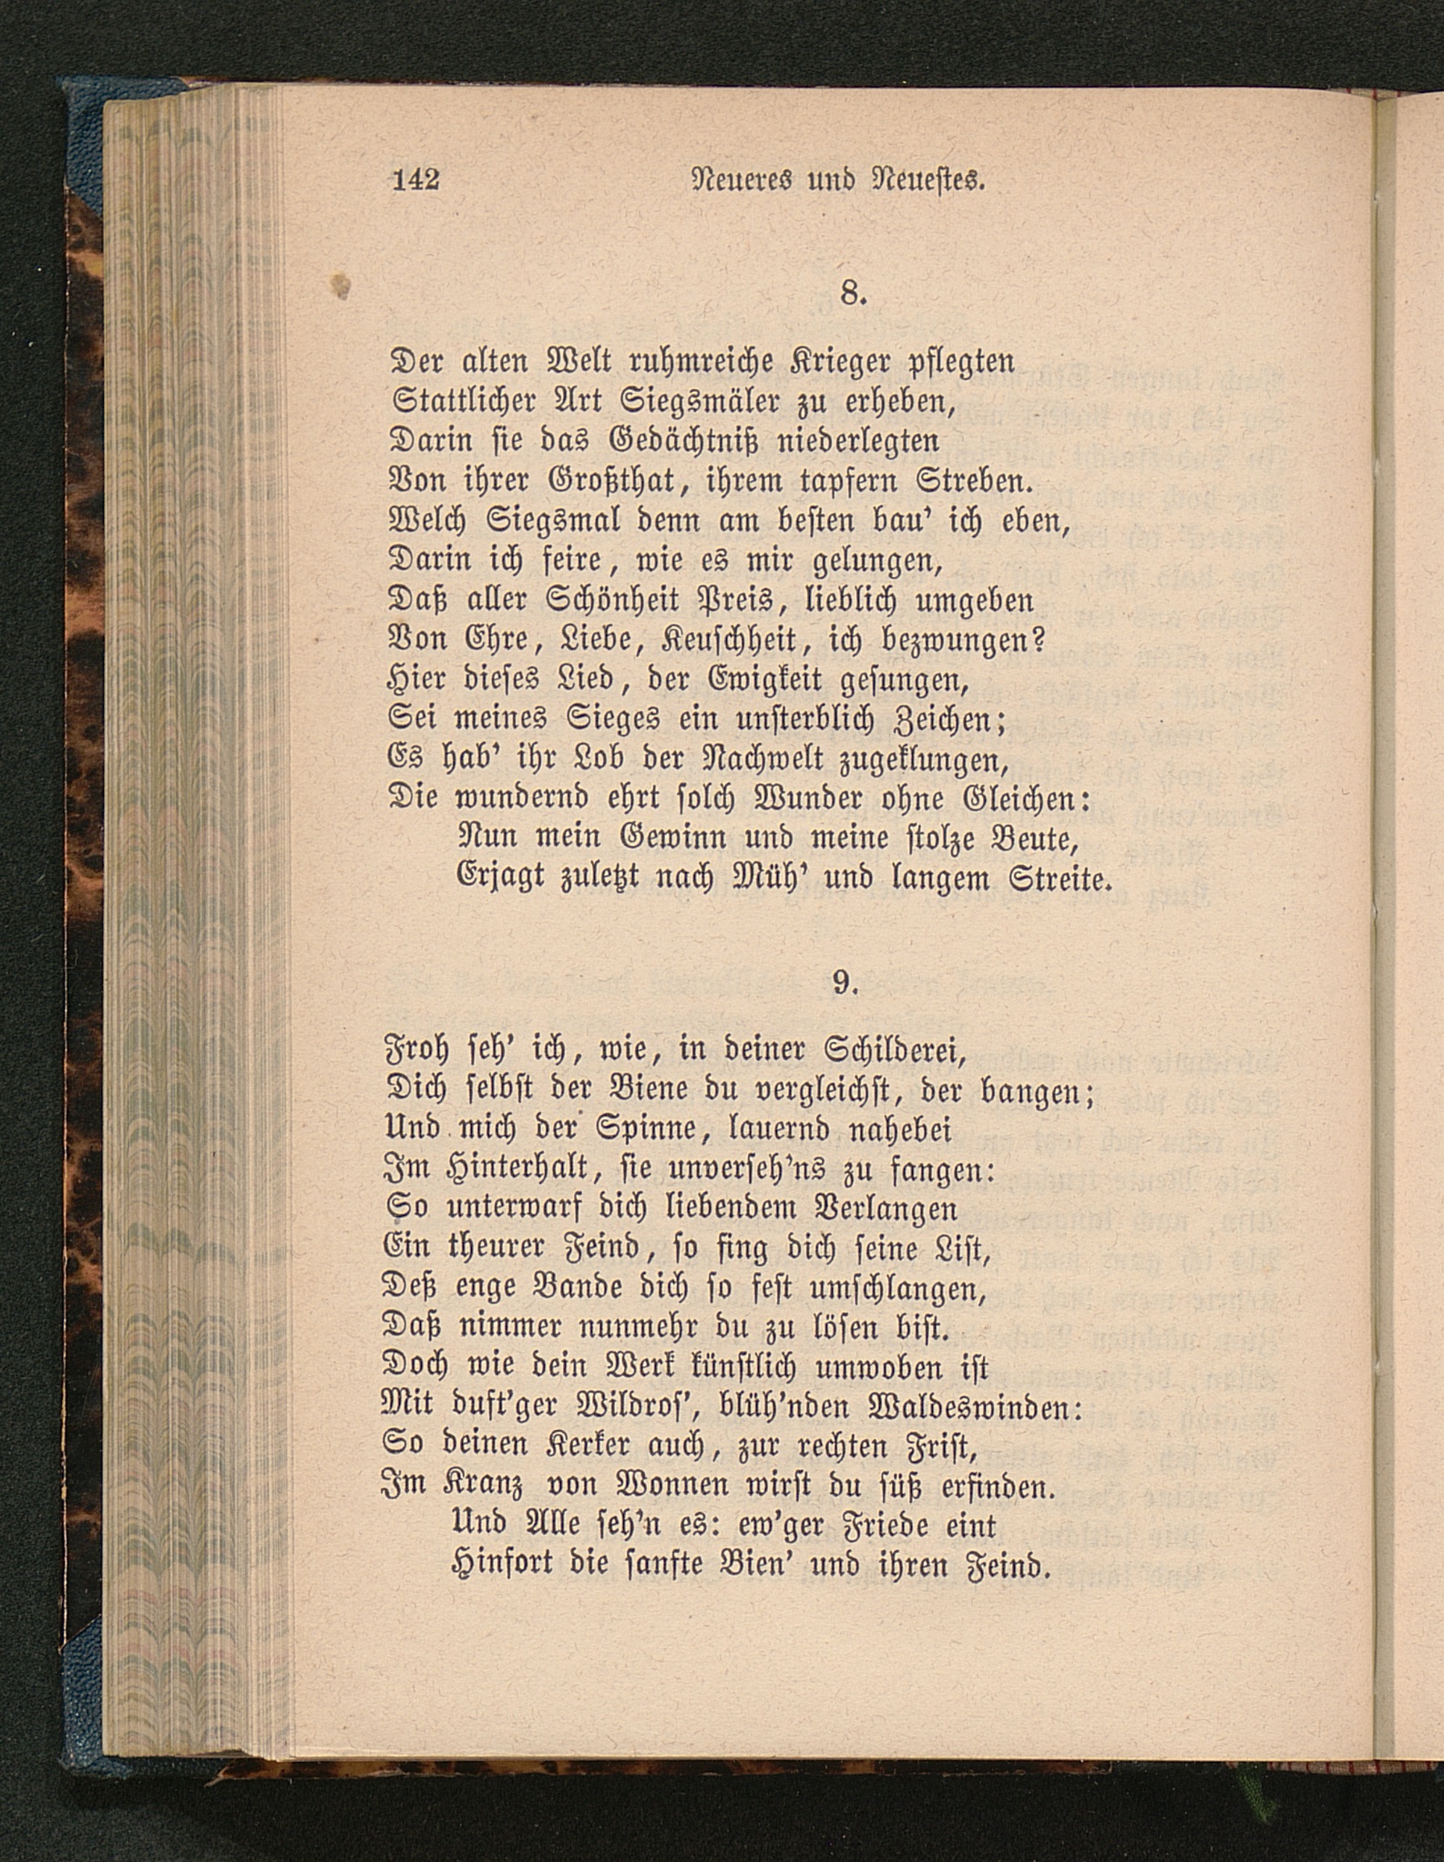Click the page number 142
[x=416, y=180]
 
